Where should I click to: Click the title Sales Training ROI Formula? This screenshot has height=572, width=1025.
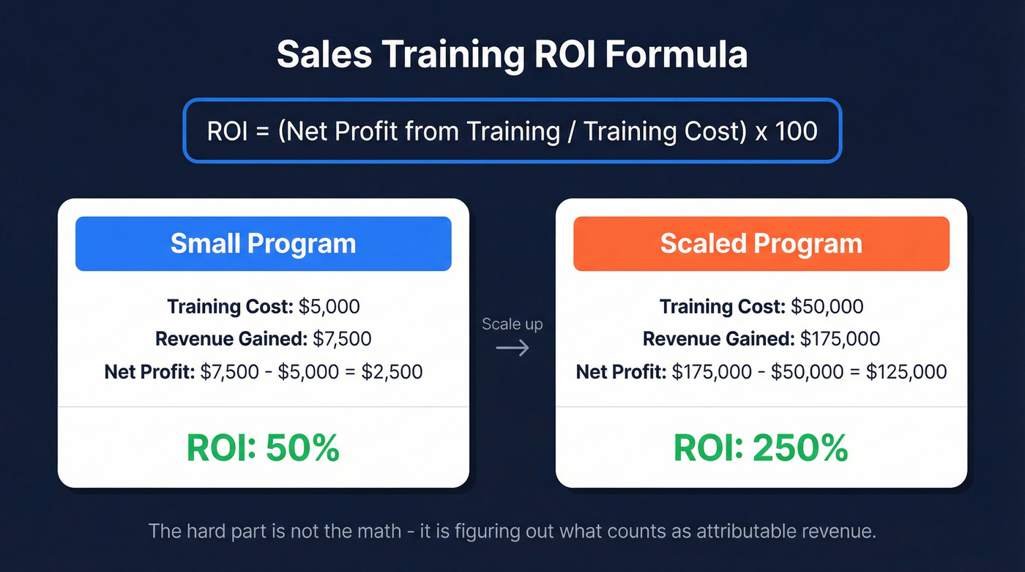tap(512, 55)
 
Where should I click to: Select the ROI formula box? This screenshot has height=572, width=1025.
tap(512, 131)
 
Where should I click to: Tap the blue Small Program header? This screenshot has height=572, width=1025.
tap(263, 243)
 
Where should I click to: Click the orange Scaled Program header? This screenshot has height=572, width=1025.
tap(761, 243)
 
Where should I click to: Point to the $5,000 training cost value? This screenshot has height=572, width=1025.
tap(329, 306)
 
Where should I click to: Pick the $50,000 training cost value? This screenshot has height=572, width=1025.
tap(827, 306)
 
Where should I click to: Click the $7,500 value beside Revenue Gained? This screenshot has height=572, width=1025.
tap(341, 339)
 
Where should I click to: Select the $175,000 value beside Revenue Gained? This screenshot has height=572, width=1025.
tap(840, 339)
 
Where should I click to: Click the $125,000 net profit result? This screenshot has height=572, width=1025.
tap(906, 371)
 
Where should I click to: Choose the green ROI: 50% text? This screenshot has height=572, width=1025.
tap(263, 448)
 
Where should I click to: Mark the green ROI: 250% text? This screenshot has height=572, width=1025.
tap(761, 448)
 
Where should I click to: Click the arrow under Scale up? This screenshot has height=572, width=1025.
tap(512, 347)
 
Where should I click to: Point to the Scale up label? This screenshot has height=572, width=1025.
tap(512, 324)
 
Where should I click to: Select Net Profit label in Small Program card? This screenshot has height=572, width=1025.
tap(149, 371)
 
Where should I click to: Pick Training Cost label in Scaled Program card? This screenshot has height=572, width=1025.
tap(722, 306)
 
